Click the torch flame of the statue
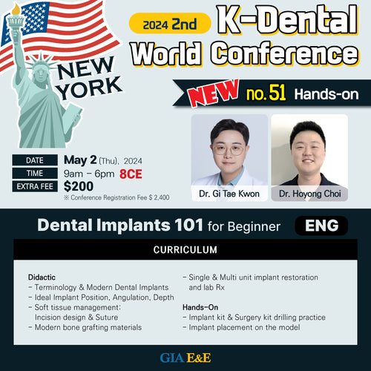[x=16, y=10]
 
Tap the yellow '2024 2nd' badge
[x=170, y=24]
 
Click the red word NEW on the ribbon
[x=213, y=93]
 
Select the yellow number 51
[x=277, y=93]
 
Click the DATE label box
[x=35, y=160]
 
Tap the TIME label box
[x=35, y=173]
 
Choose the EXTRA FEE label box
[x=35, y=186]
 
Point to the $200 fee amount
[x=79, y=186]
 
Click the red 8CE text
[x=131, y=174]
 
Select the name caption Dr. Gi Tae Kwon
[x=229, y=194]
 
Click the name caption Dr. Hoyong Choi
[x=310, y=194]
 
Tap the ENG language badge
[x=321, y=226]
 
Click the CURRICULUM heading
[x=185, y=250]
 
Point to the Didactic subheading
[x=42, y=278]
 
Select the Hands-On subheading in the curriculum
[x=200, y=307]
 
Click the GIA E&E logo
[x=185, y=358]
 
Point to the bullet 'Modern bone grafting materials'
[x=85, y=327]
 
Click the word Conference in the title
[x=284, y=54]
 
